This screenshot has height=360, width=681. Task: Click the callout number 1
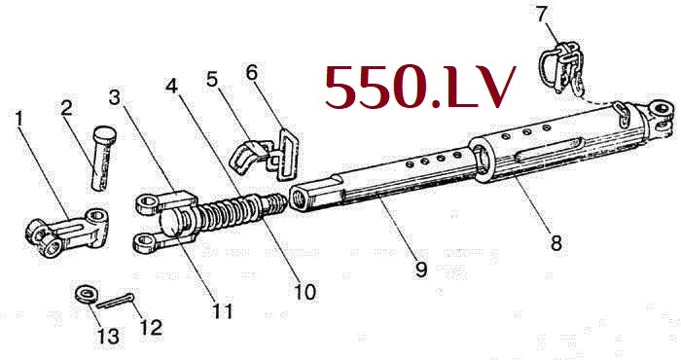[x=18, y=120]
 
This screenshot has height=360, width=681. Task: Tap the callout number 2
[x=66, y=109]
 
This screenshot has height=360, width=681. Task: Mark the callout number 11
[x=224, y=311]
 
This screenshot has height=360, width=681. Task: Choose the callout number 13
[x=107, y=336]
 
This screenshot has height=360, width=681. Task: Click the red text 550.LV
[x=418, y=87]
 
